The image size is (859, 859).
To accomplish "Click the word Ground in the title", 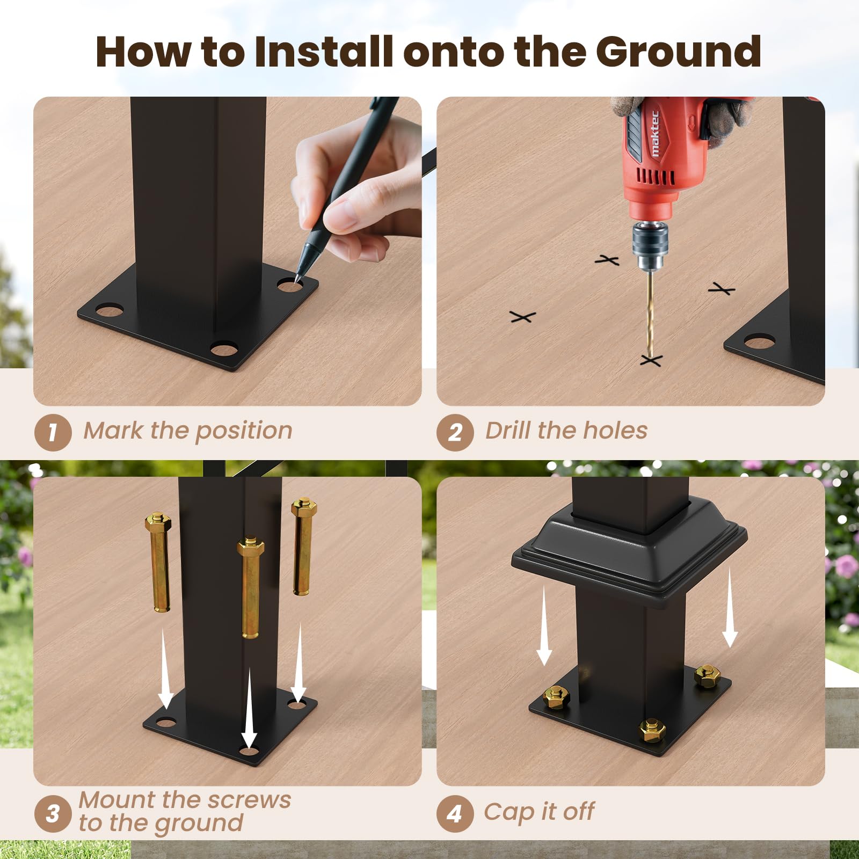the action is (678, 52).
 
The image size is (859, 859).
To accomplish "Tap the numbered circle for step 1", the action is (53, 433).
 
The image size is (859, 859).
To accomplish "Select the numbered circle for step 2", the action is (455, 433).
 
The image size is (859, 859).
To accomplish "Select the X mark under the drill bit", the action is (651, 360).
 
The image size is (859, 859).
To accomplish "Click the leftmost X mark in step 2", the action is (523, 317).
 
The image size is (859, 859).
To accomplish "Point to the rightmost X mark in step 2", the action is (722, 289).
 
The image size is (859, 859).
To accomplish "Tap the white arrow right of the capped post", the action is (730, 607).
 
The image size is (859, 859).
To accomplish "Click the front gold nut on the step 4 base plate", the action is (652, 730).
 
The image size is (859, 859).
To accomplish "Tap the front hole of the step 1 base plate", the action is (224, 350).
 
